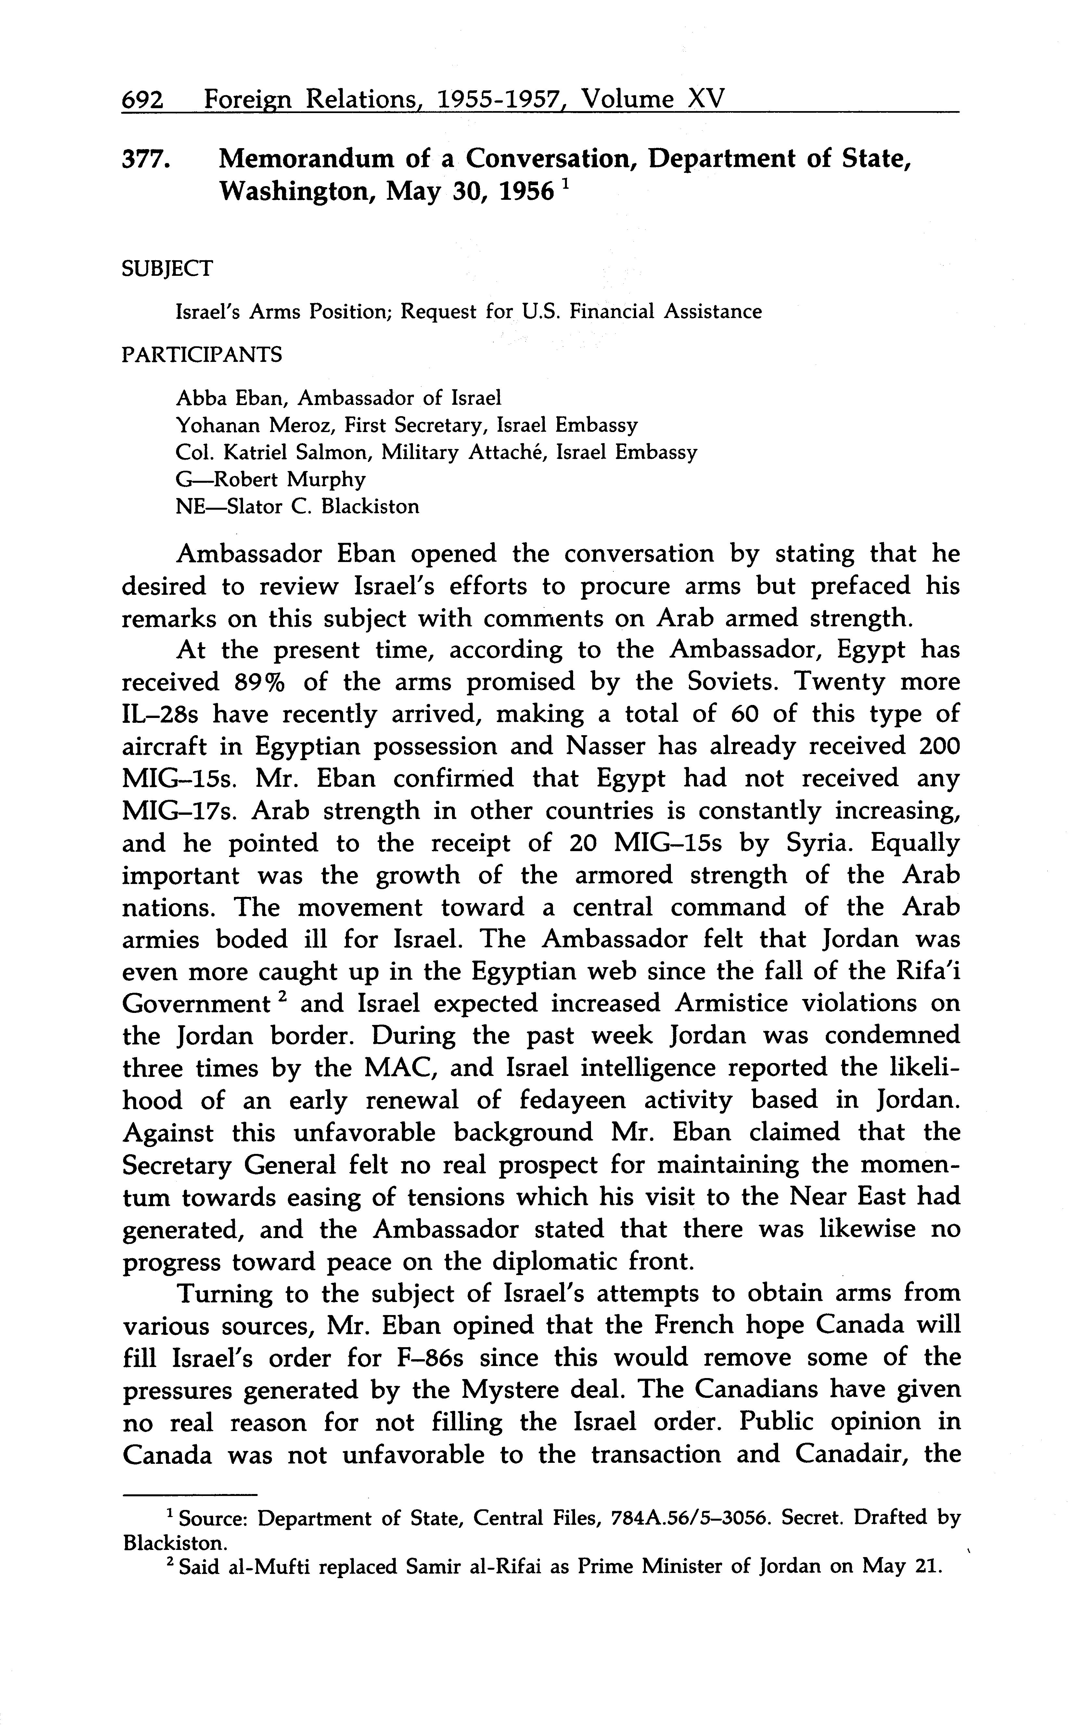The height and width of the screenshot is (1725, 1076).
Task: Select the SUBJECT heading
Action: pos(167,269)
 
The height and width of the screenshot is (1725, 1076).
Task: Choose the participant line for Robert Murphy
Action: pos(270,479)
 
